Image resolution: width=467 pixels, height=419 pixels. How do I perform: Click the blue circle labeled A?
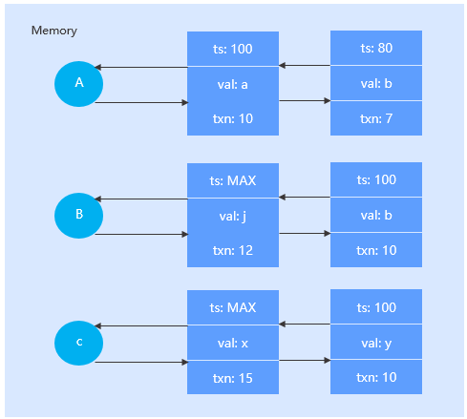(x=79, y=84)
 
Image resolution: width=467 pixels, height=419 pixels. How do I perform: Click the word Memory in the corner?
(x=54, y=31)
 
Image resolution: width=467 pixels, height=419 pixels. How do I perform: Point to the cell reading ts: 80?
(x=376, y=48)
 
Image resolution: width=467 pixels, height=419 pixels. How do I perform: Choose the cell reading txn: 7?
(x=376, y=117)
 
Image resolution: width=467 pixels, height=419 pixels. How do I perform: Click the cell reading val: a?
(x=233, y=83)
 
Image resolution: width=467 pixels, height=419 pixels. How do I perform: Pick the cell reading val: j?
(x=233, y=215)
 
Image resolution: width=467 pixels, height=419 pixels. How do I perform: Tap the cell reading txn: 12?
(x=233, y=249)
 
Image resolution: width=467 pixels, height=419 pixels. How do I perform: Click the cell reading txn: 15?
(x=233, y=378)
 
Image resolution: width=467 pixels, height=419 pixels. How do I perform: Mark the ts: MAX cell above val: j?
(x=233, y=179)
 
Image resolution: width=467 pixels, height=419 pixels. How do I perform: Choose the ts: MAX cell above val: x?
(x=233, y=308)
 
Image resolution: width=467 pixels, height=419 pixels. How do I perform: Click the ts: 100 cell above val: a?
(x=233, y=48)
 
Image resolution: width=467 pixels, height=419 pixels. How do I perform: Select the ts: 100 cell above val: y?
(x=376, y=308)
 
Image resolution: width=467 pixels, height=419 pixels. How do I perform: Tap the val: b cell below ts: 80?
(x=376, y=83)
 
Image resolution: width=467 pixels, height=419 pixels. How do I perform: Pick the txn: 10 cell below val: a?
(x=233, y=117)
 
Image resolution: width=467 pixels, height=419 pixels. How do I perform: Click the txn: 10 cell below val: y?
(x=376, y=378)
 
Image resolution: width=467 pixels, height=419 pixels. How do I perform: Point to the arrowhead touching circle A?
(x=97, y=68)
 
